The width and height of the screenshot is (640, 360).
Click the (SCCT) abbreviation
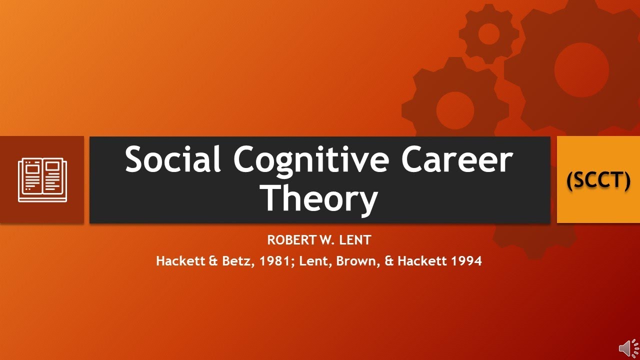click(598, 180)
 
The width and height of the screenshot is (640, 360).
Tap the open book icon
click(42, 180)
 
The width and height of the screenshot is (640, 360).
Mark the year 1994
click(464, 261)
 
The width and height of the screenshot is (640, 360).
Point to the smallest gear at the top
click(488, 34)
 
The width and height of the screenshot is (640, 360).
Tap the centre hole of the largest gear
click(581, 70)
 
